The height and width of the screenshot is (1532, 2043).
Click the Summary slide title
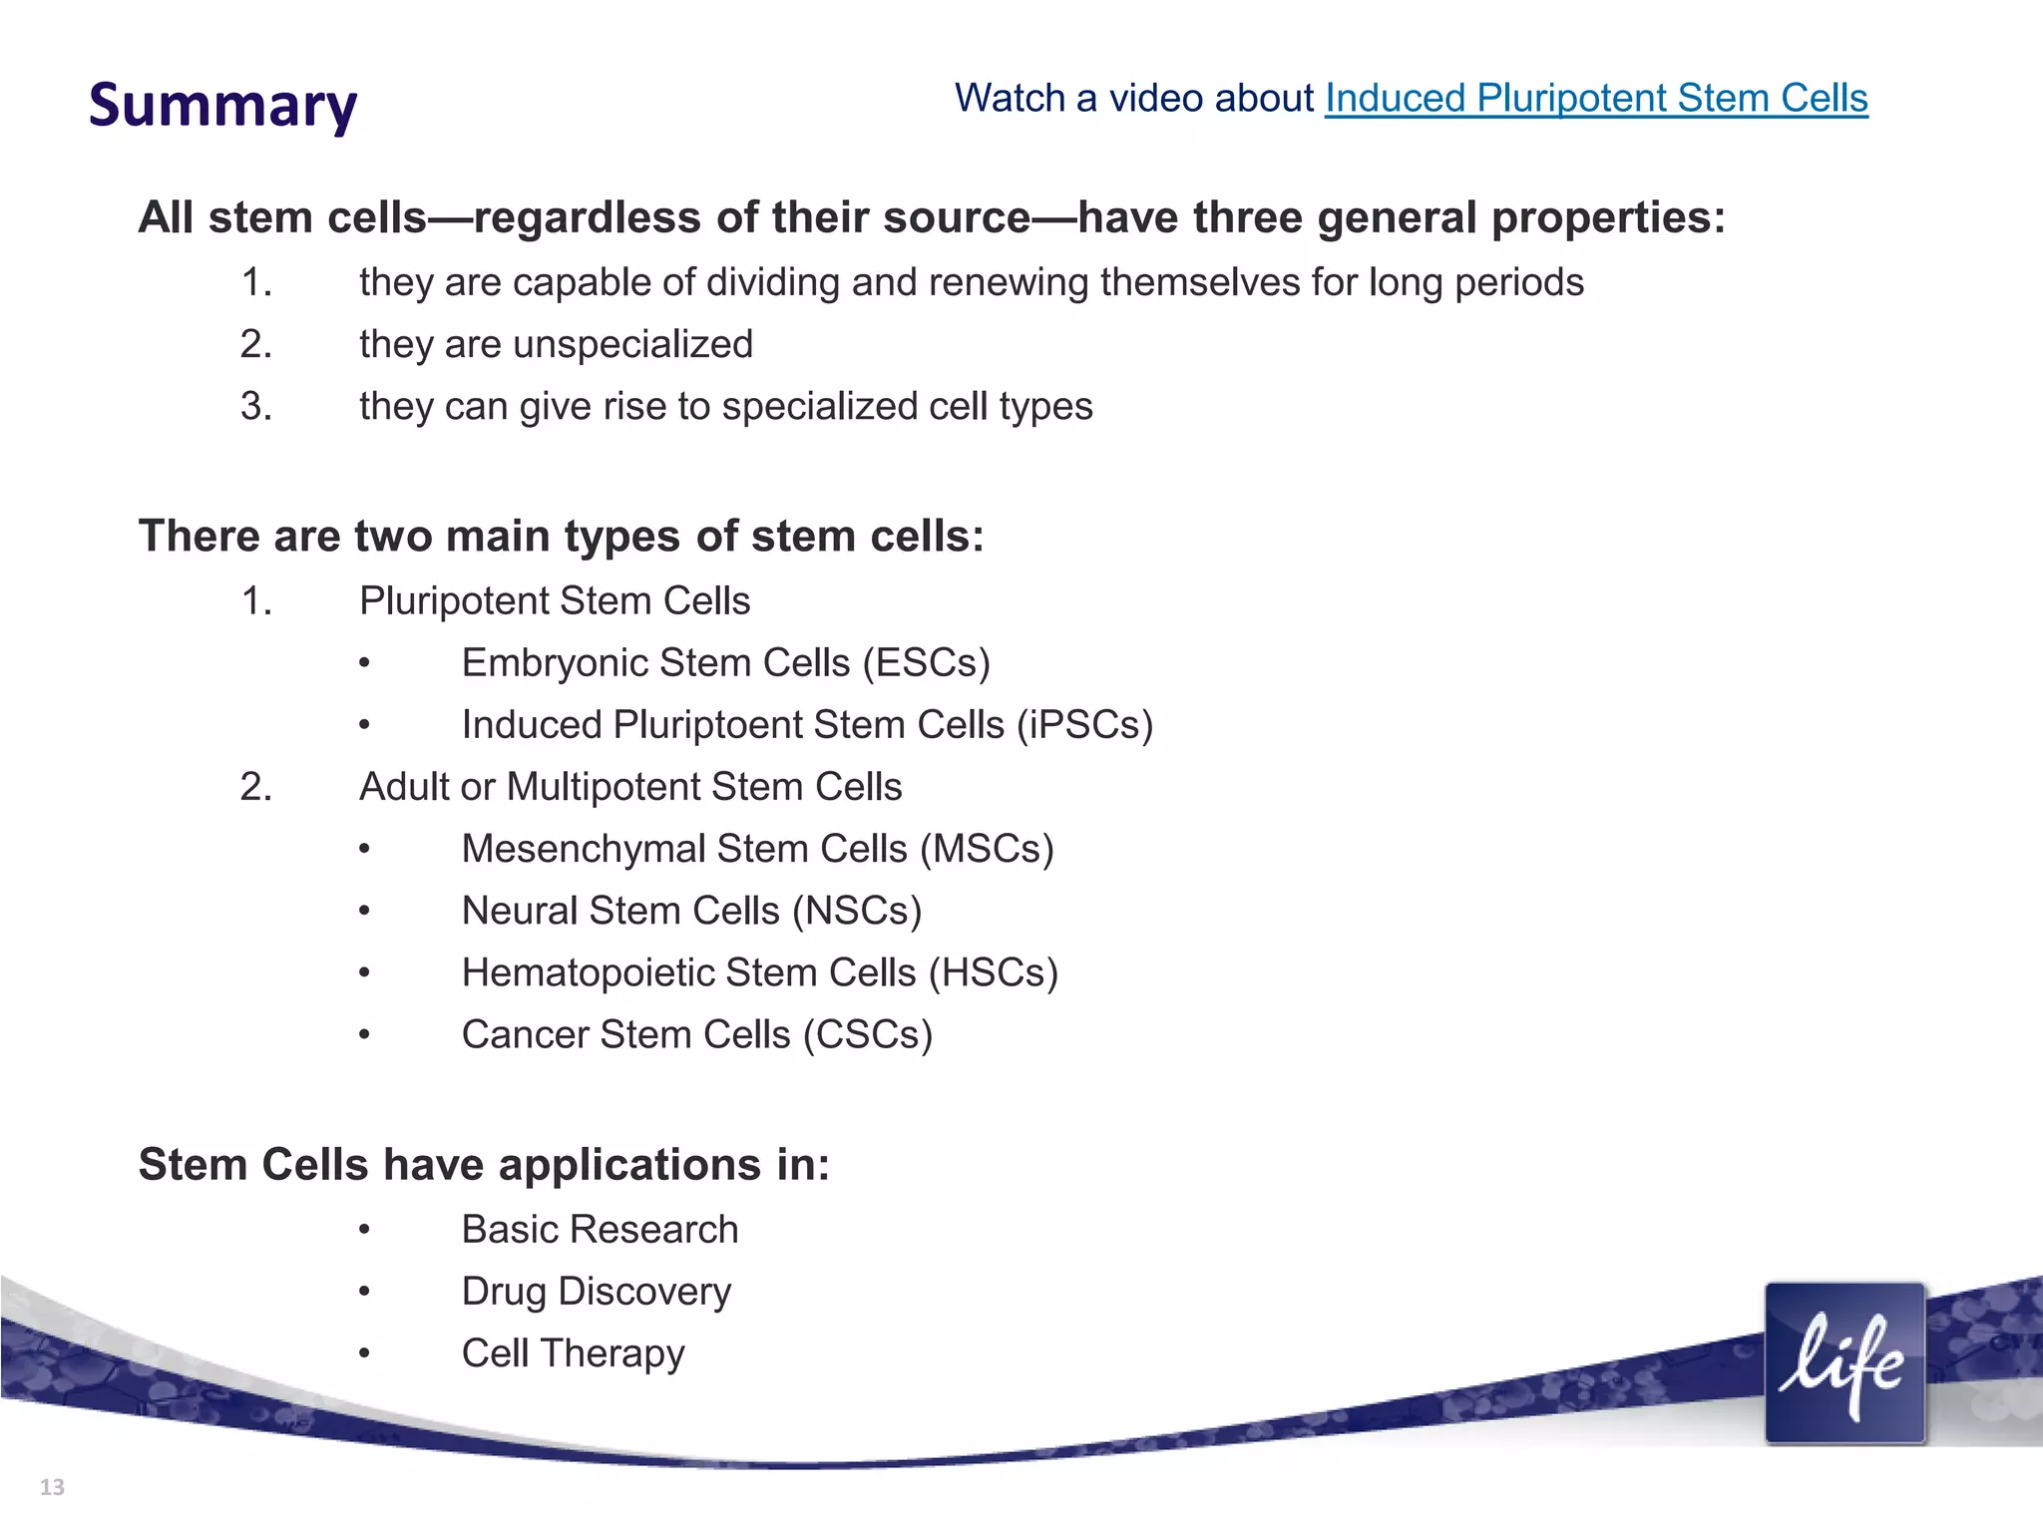click(222, 106)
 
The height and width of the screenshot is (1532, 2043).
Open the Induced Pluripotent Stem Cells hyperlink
click(1596, 99)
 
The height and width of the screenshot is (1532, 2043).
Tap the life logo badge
click(1844, 1363)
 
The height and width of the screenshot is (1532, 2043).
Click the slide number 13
click(52, 1487)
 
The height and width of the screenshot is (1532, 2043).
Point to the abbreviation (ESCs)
click(927, 663)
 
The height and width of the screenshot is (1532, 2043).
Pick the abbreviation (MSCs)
click(987, 849)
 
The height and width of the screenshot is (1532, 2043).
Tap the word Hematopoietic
click(587, 973)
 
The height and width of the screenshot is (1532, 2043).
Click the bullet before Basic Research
click(365, 1231)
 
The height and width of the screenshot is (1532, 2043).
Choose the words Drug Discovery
click(596, 1292)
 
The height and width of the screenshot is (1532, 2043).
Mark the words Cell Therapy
click(573, 1353)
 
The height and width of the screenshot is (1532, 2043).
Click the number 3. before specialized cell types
click(256, 407)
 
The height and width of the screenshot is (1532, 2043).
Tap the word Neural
click(519, 911)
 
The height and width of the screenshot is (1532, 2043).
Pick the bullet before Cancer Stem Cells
click(365, 1035)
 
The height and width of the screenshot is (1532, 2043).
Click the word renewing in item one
click(1009, 283)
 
